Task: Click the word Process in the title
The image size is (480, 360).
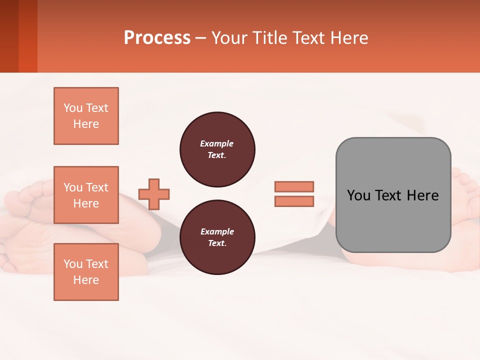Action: point(157,38)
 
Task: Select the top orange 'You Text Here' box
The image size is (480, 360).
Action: point(86,116)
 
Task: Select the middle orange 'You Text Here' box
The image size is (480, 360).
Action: point(86,195)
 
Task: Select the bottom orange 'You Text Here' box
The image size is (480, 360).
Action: point(86,272)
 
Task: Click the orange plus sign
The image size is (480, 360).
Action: point(154,194)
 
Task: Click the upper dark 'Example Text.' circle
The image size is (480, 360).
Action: point(217,149)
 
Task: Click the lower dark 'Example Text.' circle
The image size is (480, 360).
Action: point(217,237)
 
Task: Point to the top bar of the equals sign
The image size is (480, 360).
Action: point(294,186)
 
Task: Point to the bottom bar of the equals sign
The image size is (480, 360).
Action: point(294,201)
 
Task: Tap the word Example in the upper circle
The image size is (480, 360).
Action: point(217,144)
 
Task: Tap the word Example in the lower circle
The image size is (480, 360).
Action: point(217,232)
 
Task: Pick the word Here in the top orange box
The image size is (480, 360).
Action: point(86,124)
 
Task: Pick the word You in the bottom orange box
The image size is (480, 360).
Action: point(73,264)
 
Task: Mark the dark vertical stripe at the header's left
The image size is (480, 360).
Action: point(9,36)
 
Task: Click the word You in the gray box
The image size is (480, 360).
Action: point(358,195)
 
